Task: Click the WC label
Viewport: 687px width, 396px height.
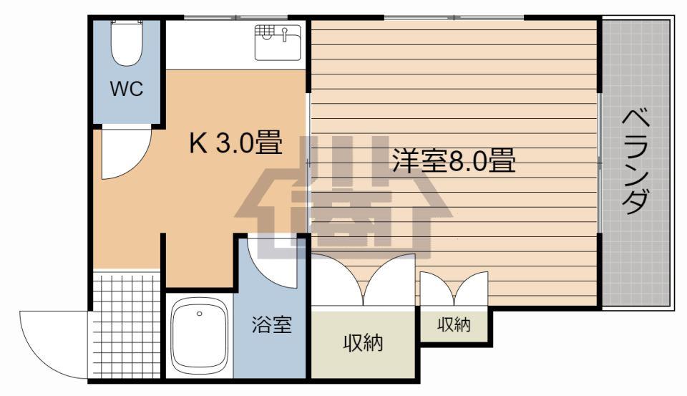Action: coord(127,90)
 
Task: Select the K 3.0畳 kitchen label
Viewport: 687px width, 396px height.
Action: coord(234,143)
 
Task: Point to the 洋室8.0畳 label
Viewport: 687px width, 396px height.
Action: coord(454,160)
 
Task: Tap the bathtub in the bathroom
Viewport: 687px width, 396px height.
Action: coord(200,337)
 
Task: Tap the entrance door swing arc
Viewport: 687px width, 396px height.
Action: coord(54,344)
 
